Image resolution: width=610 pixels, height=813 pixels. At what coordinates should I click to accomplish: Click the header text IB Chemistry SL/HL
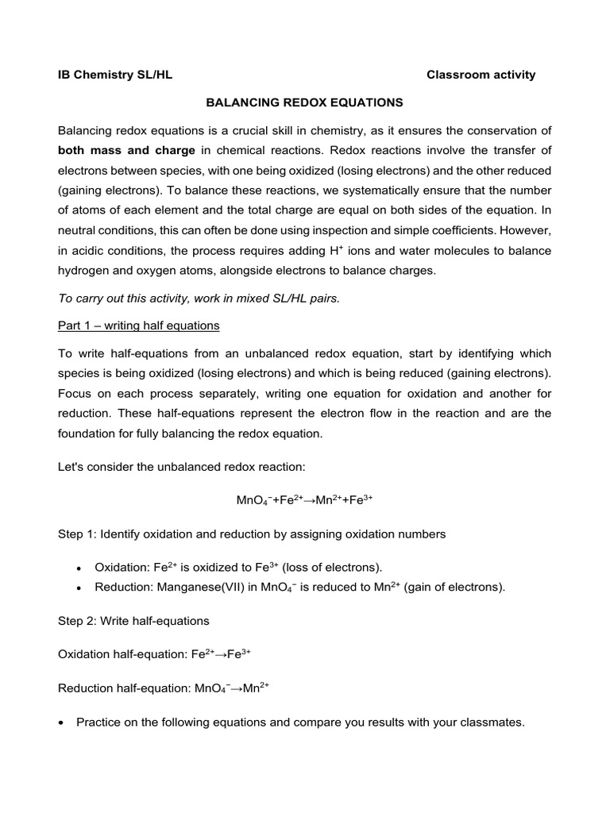115,75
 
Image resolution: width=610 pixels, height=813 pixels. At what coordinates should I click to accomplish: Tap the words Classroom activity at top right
481,75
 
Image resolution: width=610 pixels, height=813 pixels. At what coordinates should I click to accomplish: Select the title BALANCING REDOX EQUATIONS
305,102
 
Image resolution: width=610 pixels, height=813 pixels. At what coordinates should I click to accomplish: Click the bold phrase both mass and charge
126,150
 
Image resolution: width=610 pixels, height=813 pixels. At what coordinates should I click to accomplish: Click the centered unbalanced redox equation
305,500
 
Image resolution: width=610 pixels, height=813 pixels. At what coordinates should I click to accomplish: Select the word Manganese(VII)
197,588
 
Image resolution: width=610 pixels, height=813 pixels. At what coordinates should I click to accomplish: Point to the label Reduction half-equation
124,688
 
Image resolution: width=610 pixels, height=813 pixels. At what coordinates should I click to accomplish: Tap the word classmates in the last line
491,722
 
